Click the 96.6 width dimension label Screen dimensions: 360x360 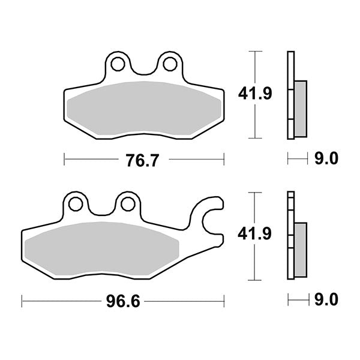pos(123,300)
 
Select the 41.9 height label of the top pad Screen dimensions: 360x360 pos(248,94)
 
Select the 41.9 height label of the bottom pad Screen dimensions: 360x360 pos(248,235)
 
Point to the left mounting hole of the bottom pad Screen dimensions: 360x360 pos(76,204)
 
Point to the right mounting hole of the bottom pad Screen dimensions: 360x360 pos(127,204)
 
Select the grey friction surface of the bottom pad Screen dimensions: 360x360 pos(102,249)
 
